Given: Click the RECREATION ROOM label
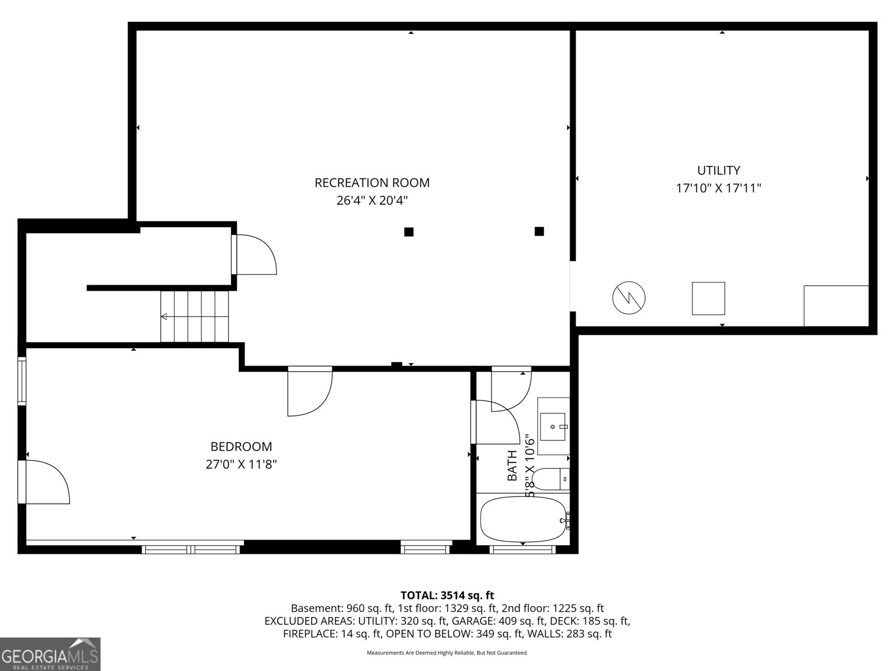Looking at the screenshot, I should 372,182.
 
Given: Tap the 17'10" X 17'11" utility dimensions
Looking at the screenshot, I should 718,188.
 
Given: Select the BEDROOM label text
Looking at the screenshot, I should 241,447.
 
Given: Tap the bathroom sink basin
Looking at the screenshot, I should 553,427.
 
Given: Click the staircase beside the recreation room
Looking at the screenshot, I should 195,316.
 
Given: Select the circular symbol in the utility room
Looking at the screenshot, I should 629,298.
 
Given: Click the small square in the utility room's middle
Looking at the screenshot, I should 708,299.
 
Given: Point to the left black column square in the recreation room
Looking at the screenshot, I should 409,232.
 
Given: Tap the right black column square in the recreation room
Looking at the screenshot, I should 539,231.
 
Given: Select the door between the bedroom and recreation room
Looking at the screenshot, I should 309,391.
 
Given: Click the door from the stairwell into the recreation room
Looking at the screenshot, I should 255,255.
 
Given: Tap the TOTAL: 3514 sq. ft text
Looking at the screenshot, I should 447,596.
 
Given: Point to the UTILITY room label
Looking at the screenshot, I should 718,170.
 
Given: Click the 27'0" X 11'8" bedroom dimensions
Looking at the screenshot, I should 241,464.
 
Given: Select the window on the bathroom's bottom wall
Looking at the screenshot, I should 522,550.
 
